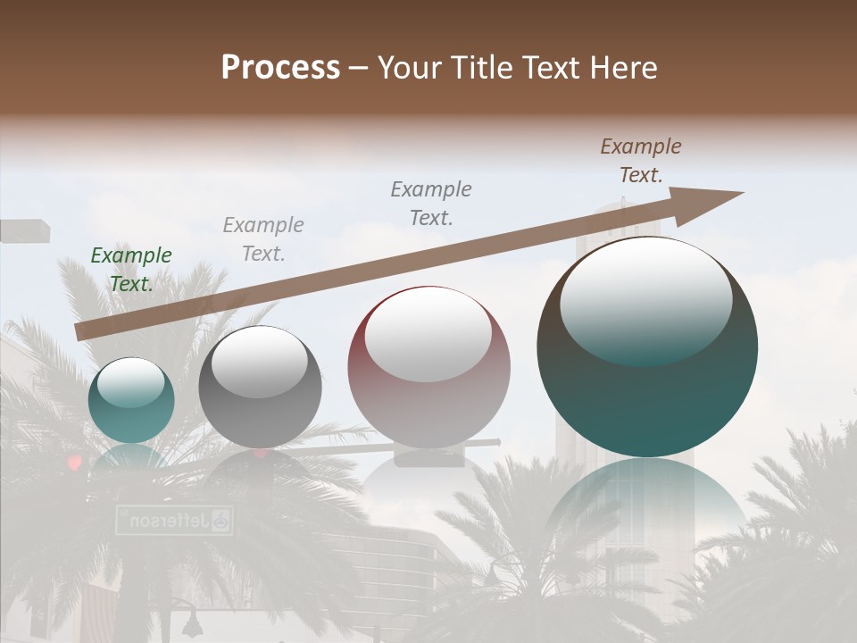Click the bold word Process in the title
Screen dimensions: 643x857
pos(280,68)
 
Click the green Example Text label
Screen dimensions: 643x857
pos(131,270)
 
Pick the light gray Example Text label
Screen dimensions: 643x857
pos(263,239)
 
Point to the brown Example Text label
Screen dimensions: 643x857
pos(641,161)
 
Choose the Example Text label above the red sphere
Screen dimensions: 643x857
pos(431,204)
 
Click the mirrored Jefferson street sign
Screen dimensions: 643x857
pos(174,520)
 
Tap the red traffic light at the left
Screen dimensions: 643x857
pos(74,462)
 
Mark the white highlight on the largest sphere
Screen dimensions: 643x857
pos(645,299)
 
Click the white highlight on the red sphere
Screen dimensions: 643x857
pos(428,335)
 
